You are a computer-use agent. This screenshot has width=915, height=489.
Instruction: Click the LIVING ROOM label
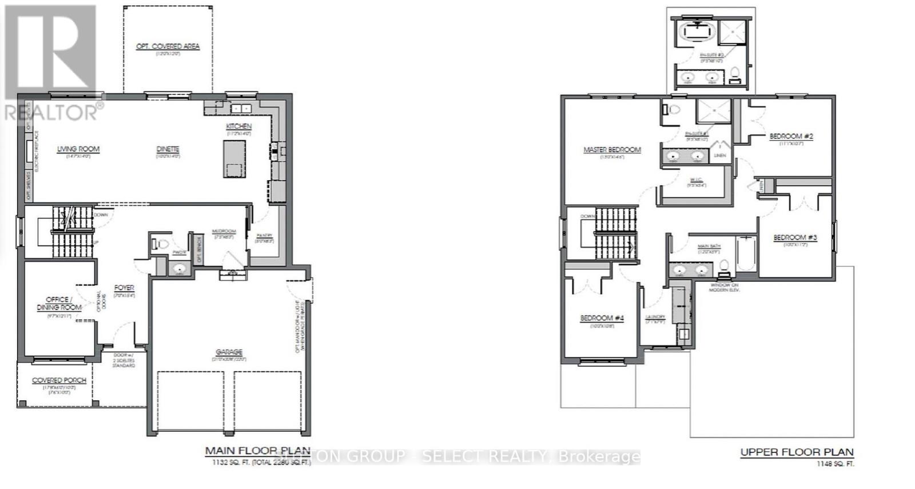coord(78,149)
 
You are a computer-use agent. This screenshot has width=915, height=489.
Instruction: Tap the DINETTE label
coord(168,149)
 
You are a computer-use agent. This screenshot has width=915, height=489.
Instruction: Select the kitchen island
coord(234,159)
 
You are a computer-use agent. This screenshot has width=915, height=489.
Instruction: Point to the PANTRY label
coord(264,235)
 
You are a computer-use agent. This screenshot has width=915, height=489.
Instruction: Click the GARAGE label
coord(229,352)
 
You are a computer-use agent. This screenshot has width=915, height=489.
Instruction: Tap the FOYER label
coord(124,288)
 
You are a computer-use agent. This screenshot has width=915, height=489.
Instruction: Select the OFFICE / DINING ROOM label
coord(59,303)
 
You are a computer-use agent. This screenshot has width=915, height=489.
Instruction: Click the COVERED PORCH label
coord(59,380)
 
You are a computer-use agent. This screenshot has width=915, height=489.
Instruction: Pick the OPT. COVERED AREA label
coord(168,46)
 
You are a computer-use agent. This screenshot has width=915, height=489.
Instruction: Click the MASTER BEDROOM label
coord(612,150)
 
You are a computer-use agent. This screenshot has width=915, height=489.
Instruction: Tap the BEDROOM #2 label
coord(791,136)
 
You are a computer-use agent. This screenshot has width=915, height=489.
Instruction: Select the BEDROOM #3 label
coord(795,238)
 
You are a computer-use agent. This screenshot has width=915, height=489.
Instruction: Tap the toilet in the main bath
coord(724,267)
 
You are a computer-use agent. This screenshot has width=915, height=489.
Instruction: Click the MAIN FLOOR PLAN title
coord(257,451)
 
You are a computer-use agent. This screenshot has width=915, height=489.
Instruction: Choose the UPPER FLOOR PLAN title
coord(797,452)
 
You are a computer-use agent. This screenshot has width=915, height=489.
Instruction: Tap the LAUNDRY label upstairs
coord(655,317)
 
